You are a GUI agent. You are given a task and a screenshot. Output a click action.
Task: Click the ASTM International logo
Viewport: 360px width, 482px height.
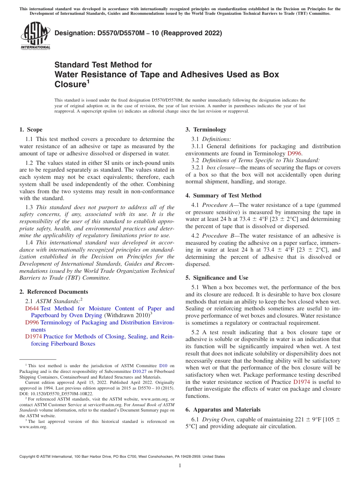[35, 36]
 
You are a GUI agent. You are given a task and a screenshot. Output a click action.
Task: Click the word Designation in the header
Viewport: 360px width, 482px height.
[74, 33]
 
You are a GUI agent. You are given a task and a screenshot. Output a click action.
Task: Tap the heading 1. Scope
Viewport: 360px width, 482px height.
[31, 130]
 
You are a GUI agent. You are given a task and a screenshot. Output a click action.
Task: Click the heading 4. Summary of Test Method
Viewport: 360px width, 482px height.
[224, 196]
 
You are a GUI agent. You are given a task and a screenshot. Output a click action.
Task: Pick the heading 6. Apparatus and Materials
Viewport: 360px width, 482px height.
[223, 410]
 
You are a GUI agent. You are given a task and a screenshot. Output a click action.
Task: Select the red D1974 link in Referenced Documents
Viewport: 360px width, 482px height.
[33, 336]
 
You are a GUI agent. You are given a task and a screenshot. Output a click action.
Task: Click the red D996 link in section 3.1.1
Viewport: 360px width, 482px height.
[294, 153]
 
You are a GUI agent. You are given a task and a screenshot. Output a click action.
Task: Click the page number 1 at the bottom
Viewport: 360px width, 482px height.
[180, 466]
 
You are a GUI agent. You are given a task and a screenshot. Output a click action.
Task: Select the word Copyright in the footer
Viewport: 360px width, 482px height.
[28, 457]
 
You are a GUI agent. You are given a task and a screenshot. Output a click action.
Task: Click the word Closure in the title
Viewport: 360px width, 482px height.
[69, 84]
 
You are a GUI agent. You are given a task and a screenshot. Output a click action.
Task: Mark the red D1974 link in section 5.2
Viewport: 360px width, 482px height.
[302, 382]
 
